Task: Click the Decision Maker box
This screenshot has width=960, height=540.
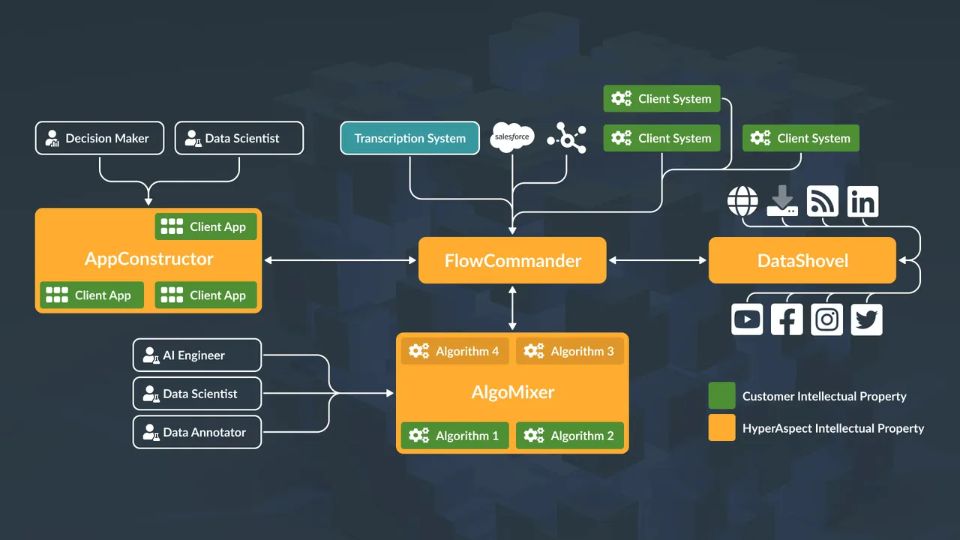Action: pyautogui.click(x=99, y=138)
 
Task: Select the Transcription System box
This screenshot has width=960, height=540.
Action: pyautogui.click(x=409, y=138)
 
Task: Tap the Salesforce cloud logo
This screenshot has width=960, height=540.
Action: pyautogui.click(x=511, y=136)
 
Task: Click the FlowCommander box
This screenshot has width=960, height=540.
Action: pyautogui.click(x=512, y=260)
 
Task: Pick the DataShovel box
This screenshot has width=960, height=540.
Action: pyautogui.click(x=802, y=260)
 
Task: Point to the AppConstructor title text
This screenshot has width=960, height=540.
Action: pyautogui.click(x=148, y=259)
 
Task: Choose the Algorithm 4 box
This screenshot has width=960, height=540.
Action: pyautogui.click(x=454, y=351)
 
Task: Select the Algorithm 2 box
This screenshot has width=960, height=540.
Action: pyautogui.click(x=569, y=436)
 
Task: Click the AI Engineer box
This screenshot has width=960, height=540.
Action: pyautogui.click(x=196, y=355)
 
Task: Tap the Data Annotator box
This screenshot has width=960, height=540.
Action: pyautogui.click(x=196, y=432)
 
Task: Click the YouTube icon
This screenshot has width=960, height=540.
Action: pyautogui.click(x=747, y=319)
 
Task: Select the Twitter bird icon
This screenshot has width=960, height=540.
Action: pyautogui.click(x=866, y=319)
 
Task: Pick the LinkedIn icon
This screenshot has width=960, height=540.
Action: pyautogui.click(x=862, y=202)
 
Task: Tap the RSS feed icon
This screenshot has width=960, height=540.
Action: pyautogui.click(x=822, y=202)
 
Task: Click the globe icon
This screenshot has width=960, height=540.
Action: pyautogui.click(x=743, y=202)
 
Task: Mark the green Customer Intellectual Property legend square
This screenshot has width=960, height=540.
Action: pyautogui.click(x=721, y=396)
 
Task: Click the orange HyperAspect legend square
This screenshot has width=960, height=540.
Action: pyautogui.click(x=721, y=428)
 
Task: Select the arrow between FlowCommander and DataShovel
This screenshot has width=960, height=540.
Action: pyautogui.click(x=657, y=260)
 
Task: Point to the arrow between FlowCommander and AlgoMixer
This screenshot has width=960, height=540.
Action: pyautogui.click(x=512, y=307)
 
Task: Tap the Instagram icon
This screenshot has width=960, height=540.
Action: pyautogui.click(x=826, y=319)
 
